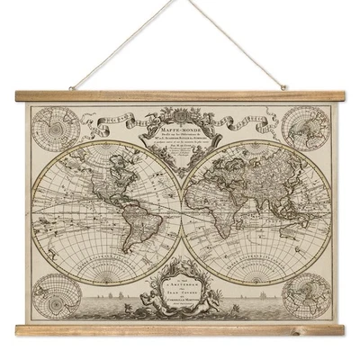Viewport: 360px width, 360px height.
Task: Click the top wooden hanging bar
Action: tap(180, 94)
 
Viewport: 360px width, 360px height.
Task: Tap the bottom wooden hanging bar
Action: tap(180, 330)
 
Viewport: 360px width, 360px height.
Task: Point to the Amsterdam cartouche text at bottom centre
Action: tap(180, 288)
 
